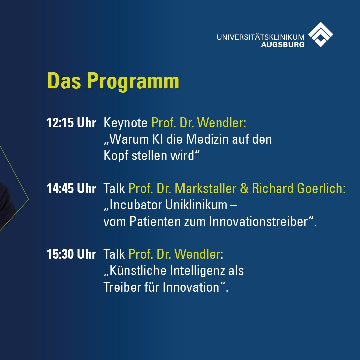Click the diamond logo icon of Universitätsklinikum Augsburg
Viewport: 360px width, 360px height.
[x=320, y=34]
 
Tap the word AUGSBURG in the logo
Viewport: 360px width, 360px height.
[x=282, y=44]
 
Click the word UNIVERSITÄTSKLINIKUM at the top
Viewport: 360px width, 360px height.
[x=260, y=37]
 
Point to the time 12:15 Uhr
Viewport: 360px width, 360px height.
[x=71, y=123]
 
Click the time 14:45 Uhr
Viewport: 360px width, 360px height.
[x=71, y=189]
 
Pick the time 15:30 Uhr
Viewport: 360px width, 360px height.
[x=71, y=254]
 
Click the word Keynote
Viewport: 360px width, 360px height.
[x=126, y=123]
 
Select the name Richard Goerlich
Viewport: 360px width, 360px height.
[x=298, y=189]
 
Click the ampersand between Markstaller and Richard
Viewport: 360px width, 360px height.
[x=244, y=189]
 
